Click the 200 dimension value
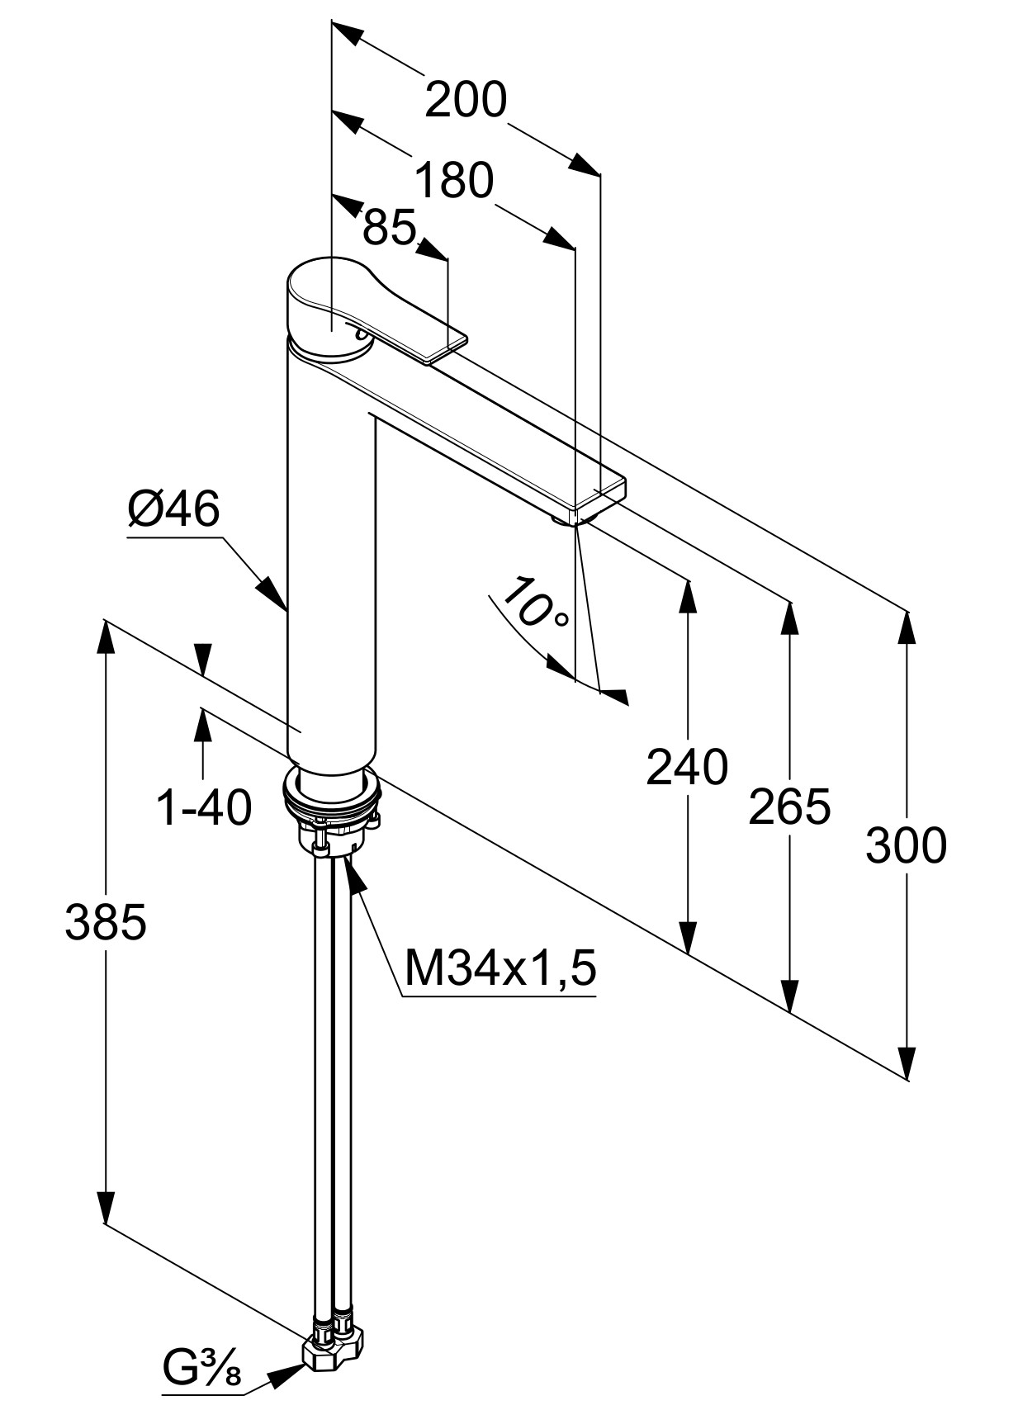(466, 99)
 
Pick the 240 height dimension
(687, 766)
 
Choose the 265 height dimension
(789, 806)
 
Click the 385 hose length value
(106, 922)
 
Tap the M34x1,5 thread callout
(500, 968)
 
